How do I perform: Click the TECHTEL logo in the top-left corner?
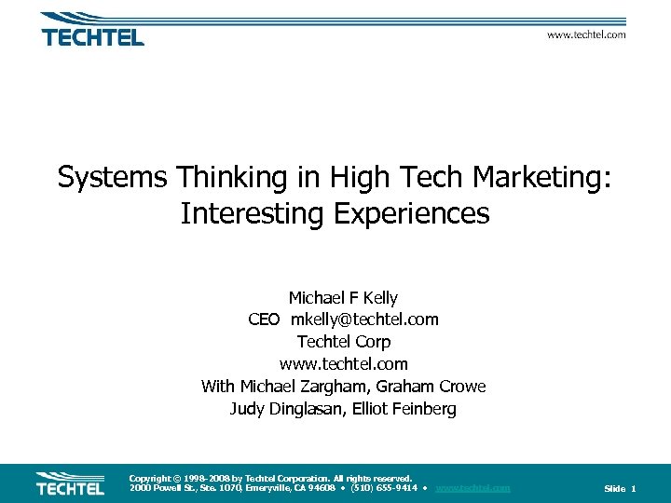[92, 31]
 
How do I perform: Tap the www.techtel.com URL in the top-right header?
[586, 34]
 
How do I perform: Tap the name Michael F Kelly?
[343, 298]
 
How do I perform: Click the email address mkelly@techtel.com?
[364, 319]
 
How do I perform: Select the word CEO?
[264, 319]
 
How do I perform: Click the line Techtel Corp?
[343, 342]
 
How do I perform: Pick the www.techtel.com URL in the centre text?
[343, 364]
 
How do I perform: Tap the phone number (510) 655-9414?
[383, 488]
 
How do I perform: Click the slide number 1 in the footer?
[634, 489]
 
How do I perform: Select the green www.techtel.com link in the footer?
[472, 488]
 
